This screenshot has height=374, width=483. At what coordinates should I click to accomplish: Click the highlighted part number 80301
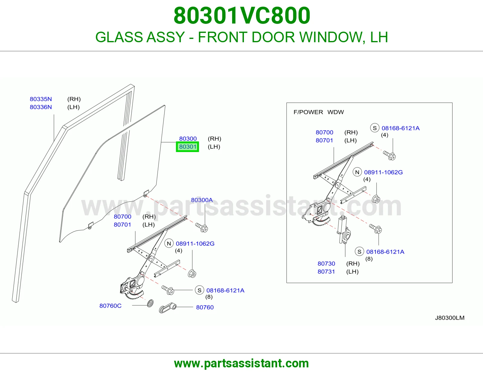pos(187,147)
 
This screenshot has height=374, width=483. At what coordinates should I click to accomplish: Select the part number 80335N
pos(41,99)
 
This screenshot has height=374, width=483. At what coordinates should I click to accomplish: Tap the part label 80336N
pos(41,107)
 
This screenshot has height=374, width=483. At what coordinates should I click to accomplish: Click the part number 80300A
pos(202,200)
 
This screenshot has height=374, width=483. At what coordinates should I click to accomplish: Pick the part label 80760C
pos(110,306)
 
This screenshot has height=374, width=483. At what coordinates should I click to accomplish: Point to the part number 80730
pos(326,264)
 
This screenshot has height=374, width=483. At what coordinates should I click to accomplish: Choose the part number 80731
pos(326,272)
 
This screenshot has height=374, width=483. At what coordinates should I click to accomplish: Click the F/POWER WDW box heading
pos(318,112)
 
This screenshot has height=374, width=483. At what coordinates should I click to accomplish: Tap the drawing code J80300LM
pos(449,318)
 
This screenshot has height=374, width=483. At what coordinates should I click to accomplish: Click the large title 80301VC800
pos(241,16)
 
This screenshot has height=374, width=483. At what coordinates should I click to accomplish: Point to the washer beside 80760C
pos(150,303)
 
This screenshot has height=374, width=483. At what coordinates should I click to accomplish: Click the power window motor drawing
pos(344,230)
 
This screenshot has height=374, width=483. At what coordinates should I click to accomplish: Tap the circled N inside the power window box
pos(357,172)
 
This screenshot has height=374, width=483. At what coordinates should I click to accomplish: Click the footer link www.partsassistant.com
pos(241,363)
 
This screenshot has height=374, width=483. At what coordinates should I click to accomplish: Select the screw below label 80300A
pos(201,227)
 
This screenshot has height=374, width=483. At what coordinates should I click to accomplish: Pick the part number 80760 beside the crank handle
pos(205,307)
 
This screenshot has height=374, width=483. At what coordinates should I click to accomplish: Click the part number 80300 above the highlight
pos(188,138)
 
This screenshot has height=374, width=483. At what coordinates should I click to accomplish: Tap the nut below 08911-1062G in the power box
pos(376,199)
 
